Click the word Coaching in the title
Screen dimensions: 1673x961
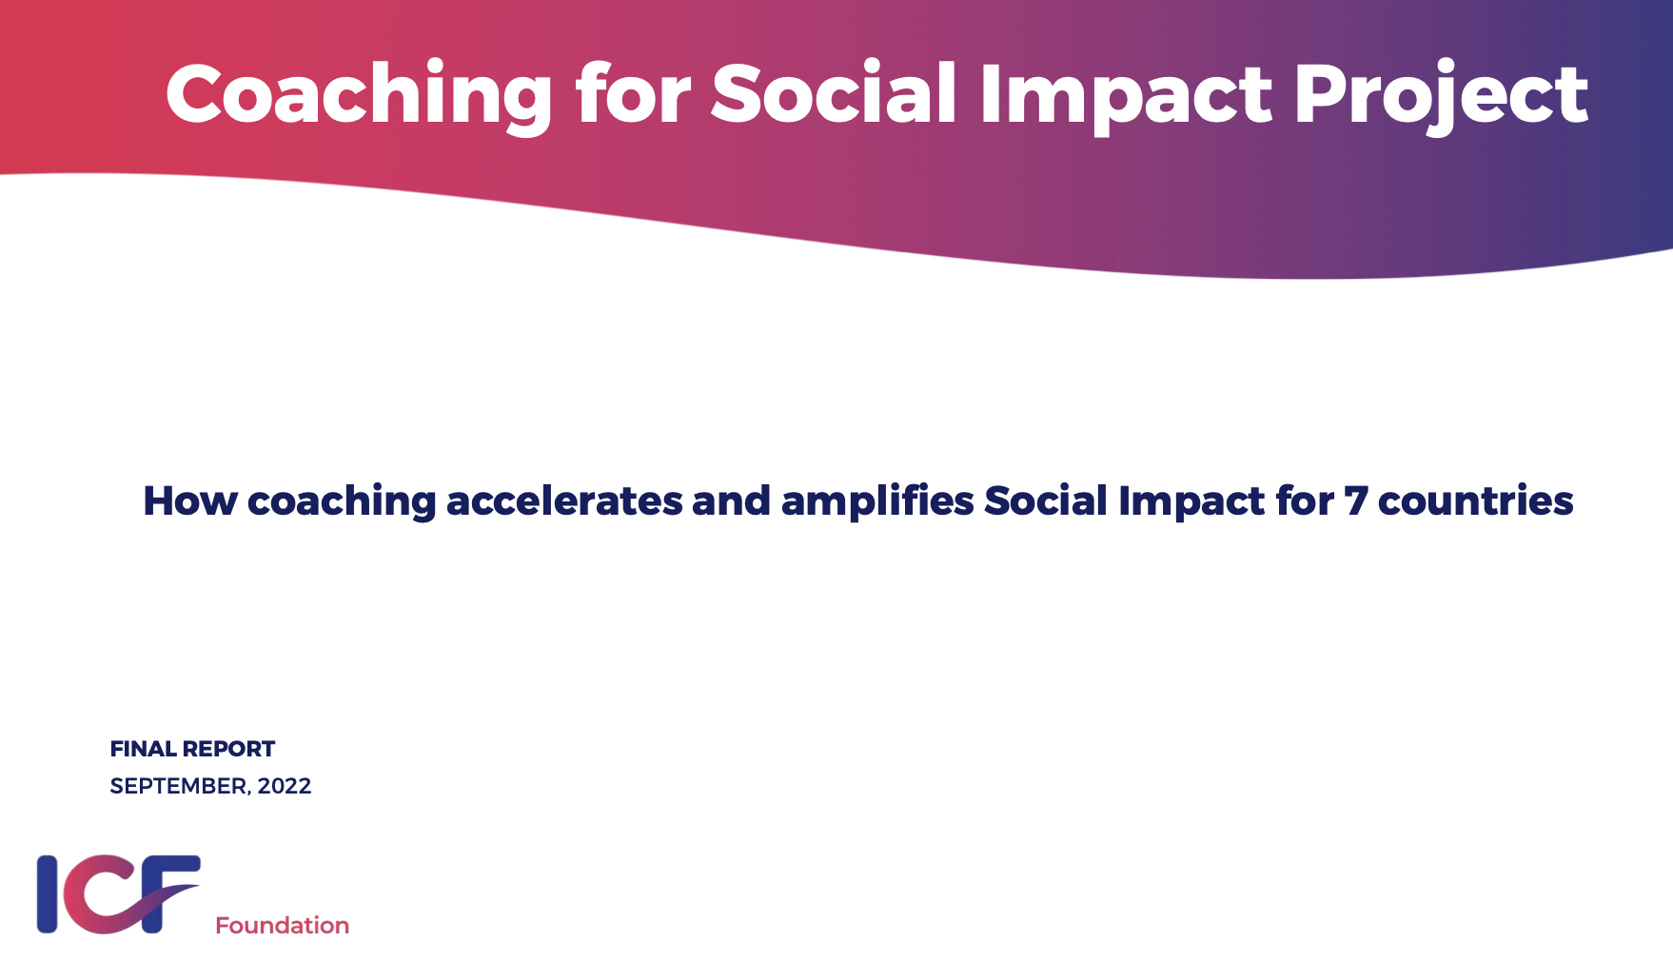click(359, 94)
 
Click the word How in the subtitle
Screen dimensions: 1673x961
click(189, 500)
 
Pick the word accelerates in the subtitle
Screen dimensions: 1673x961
click(563, 500)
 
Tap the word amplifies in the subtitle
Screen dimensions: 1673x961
click(876, 501)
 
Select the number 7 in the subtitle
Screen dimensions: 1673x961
click(1355, 501)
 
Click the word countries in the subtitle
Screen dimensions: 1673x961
click(1475, 500)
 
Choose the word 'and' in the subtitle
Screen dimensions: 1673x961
click(731, 500)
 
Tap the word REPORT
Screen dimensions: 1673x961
click(228, 749)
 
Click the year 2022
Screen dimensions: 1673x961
click(285, 786)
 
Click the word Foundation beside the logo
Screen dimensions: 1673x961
click(282, 926)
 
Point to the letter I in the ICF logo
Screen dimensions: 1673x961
click(48, 894)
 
